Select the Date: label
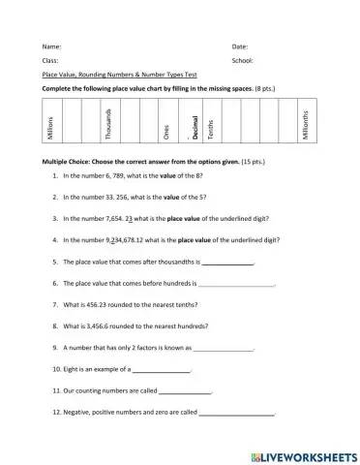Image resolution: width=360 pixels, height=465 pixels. pos(240,46)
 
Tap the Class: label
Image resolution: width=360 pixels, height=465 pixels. pos(51,60)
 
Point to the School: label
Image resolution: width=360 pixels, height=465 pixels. pos(243,60)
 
